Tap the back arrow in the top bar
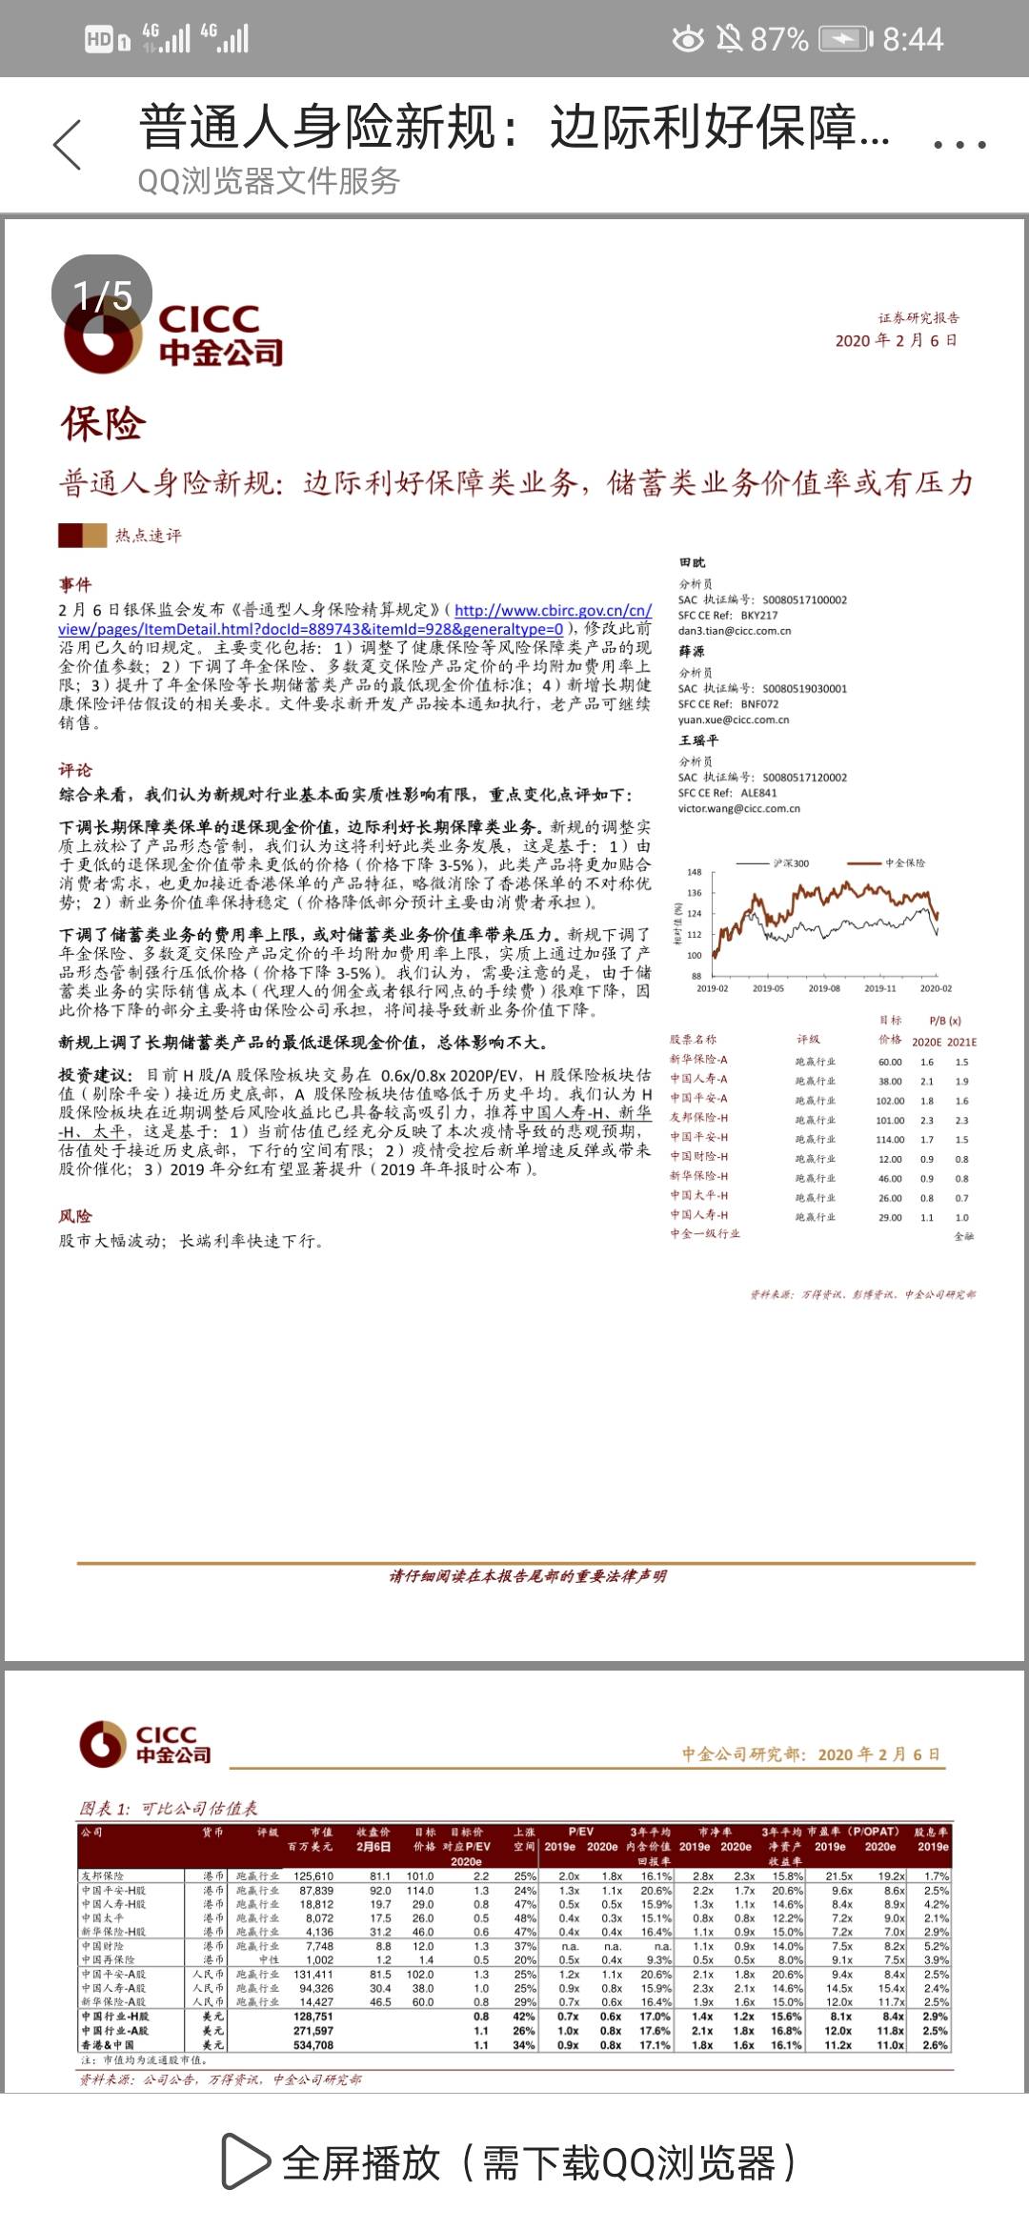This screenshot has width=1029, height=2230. [67, 145]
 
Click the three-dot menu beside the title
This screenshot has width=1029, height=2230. [958, 145]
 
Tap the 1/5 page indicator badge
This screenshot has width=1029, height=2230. [102, 294]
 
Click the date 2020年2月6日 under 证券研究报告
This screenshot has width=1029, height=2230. [896, 340]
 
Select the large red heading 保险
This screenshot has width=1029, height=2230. [103, 424]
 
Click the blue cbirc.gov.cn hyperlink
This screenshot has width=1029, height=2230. [553, 610]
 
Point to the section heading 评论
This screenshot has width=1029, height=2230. [75, 770]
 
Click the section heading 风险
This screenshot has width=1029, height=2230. [75, 1216]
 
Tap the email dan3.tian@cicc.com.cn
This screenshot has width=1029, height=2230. [734, 631]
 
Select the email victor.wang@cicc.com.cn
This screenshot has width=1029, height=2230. [738, 808]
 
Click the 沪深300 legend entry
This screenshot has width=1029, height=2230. [790, 863]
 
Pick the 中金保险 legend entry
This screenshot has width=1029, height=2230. [904, 863]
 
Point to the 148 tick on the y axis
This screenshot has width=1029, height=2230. [695, 872]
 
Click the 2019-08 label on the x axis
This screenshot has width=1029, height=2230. [824, 988]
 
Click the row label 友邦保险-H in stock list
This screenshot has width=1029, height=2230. [698, 1118]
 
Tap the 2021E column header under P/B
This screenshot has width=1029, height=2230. [961, 1043]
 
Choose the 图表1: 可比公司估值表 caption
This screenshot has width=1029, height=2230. [169, 1808]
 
